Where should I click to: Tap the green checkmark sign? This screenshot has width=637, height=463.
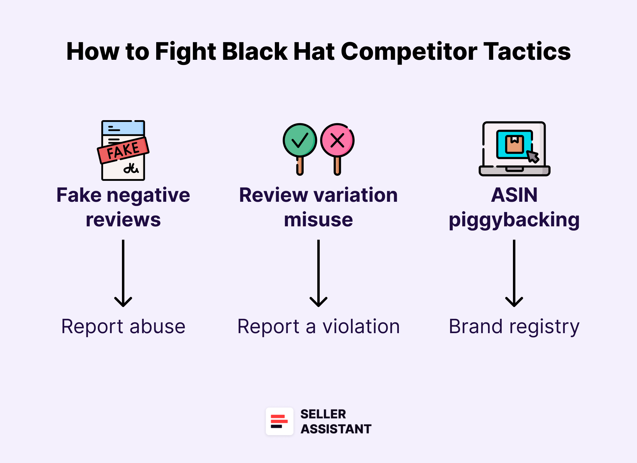coord(300,140)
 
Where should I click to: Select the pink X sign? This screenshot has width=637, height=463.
coord(337,140)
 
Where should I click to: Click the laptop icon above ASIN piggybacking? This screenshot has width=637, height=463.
coord(514,149)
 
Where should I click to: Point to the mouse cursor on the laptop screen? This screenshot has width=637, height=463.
coord(533,157)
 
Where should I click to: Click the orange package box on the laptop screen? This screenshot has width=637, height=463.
coord(514,144)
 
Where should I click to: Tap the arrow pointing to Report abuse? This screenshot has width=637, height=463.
coord(123,273)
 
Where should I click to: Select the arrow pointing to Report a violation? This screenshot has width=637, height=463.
coord(318,273)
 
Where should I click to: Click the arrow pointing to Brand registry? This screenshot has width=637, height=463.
coord(514,273)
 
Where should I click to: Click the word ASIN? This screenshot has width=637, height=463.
coord(514,195)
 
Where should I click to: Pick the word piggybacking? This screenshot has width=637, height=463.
coord(514,220)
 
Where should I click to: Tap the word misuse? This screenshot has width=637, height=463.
coord(318,220)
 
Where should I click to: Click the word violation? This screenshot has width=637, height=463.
coord(361,327)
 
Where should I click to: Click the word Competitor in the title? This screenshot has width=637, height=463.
coord(409,52)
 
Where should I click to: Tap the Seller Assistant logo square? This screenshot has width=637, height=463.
coord(279,421)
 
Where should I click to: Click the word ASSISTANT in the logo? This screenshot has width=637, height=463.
coord(336,429)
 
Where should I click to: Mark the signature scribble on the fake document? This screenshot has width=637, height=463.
coord(131,168)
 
